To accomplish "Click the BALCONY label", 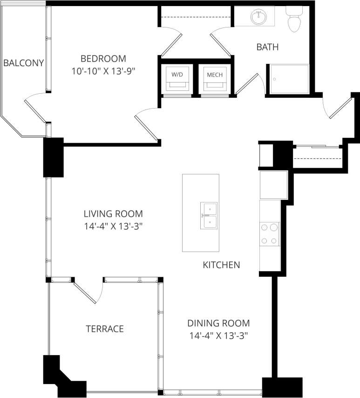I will [x=24, y=63].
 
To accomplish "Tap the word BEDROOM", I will [x=103, y=59].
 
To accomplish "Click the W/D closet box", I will [x=177, y=78].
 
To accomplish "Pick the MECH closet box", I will [x=215, y=78].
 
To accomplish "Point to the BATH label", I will [x=267, y=47].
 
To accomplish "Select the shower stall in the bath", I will [x=287, y=80].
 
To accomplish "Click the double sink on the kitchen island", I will [x=210, y=216].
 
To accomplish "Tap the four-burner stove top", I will [x=269, y=234].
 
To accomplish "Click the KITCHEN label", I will [x=221, y=265].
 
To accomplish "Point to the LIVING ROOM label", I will [x=113, y=214].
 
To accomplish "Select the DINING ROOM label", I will [x=218, y=323].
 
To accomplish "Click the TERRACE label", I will [x=105, y=329].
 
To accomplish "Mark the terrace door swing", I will [x=88, y=292].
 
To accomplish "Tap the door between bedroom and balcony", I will [x=35, y=110].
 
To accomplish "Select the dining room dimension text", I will [x=218, y=336].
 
